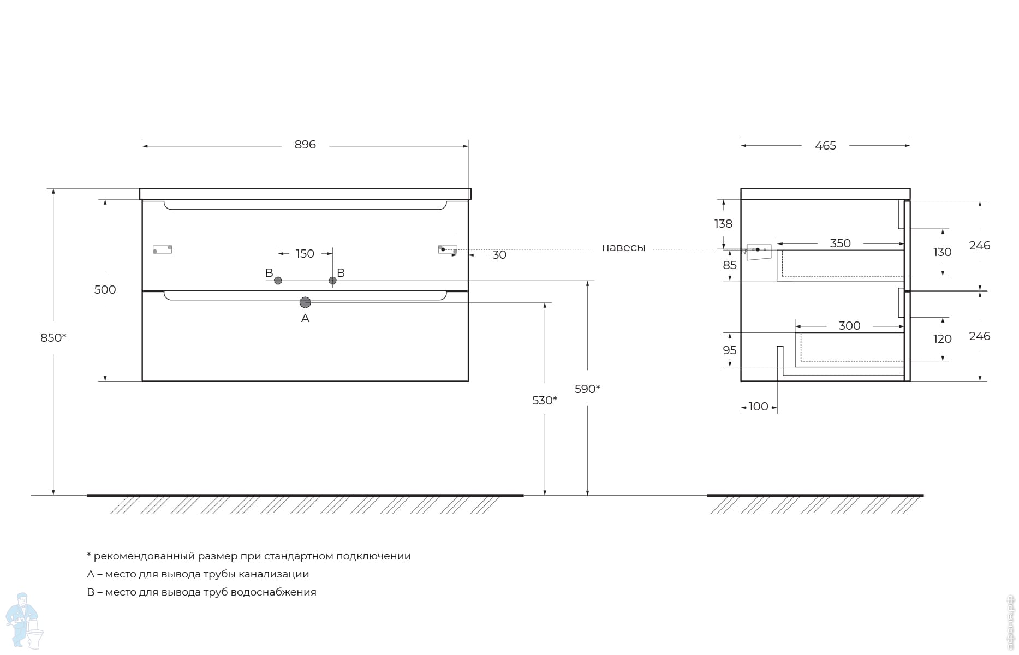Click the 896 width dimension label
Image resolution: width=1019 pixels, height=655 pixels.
point(305,145)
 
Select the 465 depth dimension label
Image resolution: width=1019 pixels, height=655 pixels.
point(825,146)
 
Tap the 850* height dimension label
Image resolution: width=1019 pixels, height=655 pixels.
point(53,337)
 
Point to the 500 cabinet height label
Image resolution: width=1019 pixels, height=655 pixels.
point(105,289)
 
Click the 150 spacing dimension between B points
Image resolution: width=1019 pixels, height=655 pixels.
point(305,253)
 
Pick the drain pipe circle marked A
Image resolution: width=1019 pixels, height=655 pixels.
point(305,302)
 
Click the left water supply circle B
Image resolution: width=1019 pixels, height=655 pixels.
point(278,281)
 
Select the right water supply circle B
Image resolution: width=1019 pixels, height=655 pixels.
point(332,281)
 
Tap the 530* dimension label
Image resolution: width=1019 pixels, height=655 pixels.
point(545,401)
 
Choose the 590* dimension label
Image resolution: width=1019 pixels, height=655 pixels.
point(587,389)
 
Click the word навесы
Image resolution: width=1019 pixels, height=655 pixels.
point(623,248)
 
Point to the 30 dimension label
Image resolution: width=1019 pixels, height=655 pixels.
point(499,255)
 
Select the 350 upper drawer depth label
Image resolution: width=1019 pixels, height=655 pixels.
point(841,243)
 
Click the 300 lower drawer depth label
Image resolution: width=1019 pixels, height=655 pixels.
point(849,326)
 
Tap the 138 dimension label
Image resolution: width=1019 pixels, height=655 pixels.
point(723,223)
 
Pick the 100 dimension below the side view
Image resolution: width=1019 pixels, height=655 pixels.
point(759,407)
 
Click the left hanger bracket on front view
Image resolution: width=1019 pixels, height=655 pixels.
point(162,249)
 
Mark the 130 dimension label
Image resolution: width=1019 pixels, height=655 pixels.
point(943,252)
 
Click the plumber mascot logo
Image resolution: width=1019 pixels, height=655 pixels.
point(24,621)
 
